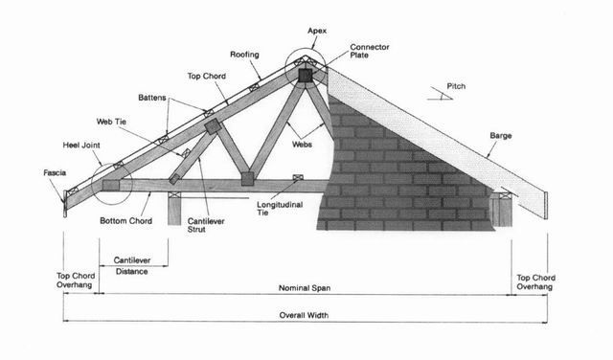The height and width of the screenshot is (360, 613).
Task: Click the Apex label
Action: (317, 31)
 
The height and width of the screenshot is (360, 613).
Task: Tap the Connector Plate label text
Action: (370, 51)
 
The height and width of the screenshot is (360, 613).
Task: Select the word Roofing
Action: (244, 55)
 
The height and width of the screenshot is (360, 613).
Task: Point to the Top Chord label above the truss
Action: (207, 77)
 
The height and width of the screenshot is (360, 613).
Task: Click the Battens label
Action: (152, 98)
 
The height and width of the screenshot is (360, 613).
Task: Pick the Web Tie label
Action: (111, 122)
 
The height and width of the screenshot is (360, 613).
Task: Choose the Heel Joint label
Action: (81, 146)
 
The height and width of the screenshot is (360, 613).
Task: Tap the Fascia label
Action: (55, 172)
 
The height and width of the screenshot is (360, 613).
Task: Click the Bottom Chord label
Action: (125, 221)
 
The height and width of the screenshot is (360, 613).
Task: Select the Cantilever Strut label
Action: (206, 225)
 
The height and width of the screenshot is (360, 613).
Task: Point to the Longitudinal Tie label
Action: (280, 209)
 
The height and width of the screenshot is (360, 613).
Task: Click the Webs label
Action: (303, 145)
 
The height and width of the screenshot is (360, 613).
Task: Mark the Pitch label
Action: (456, 86)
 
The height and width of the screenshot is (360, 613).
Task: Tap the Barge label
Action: (501, 136)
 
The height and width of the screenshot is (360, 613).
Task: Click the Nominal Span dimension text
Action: (305, 288)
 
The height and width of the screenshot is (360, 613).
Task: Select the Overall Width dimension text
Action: (304, 315)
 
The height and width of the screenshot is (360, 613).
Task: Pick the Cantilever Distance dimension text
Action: (132, 266)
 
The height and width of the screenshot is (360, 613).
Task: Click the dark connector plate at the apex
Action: (306, 75)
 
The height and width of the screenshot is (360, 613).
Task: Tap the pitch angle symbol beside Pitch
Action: (440, 94)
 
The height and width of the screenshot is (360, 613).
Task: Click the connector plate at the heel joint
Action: (111, 185)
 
